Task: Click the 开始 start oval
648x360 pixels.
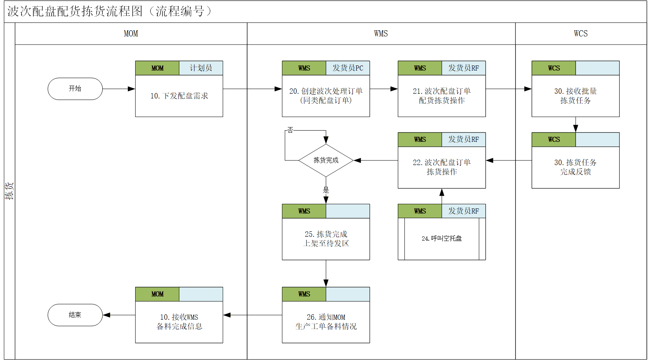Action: click(x=75, y=89)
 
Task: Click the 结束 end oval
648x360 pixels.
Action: click(x=75, y=315)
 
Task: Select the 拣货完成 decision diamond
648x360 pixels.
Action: click(x=326, y=160)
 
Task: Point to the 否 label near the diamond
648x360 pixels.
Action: click(x=290, y=130)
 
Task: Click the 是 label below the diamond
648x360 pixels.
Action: click(x=326, y=190)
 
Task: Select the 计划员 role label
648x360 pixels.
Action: click(x=201, y=68)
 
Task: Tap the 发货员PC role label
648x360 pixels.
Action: click(x=348, y=68)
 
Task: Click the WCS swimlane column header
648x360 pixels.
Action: click(x=581, y=34)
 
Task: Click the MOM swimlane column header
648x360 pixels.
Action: click(x=131, y=34)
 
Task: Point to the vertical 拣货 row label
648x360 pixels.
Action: click(x=9, y=191)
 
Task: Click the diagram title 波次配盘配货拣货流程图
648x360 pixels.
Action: click(x=75, y=11)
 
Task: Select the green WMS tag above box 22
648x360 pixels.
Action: click(x=420, y=140)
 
